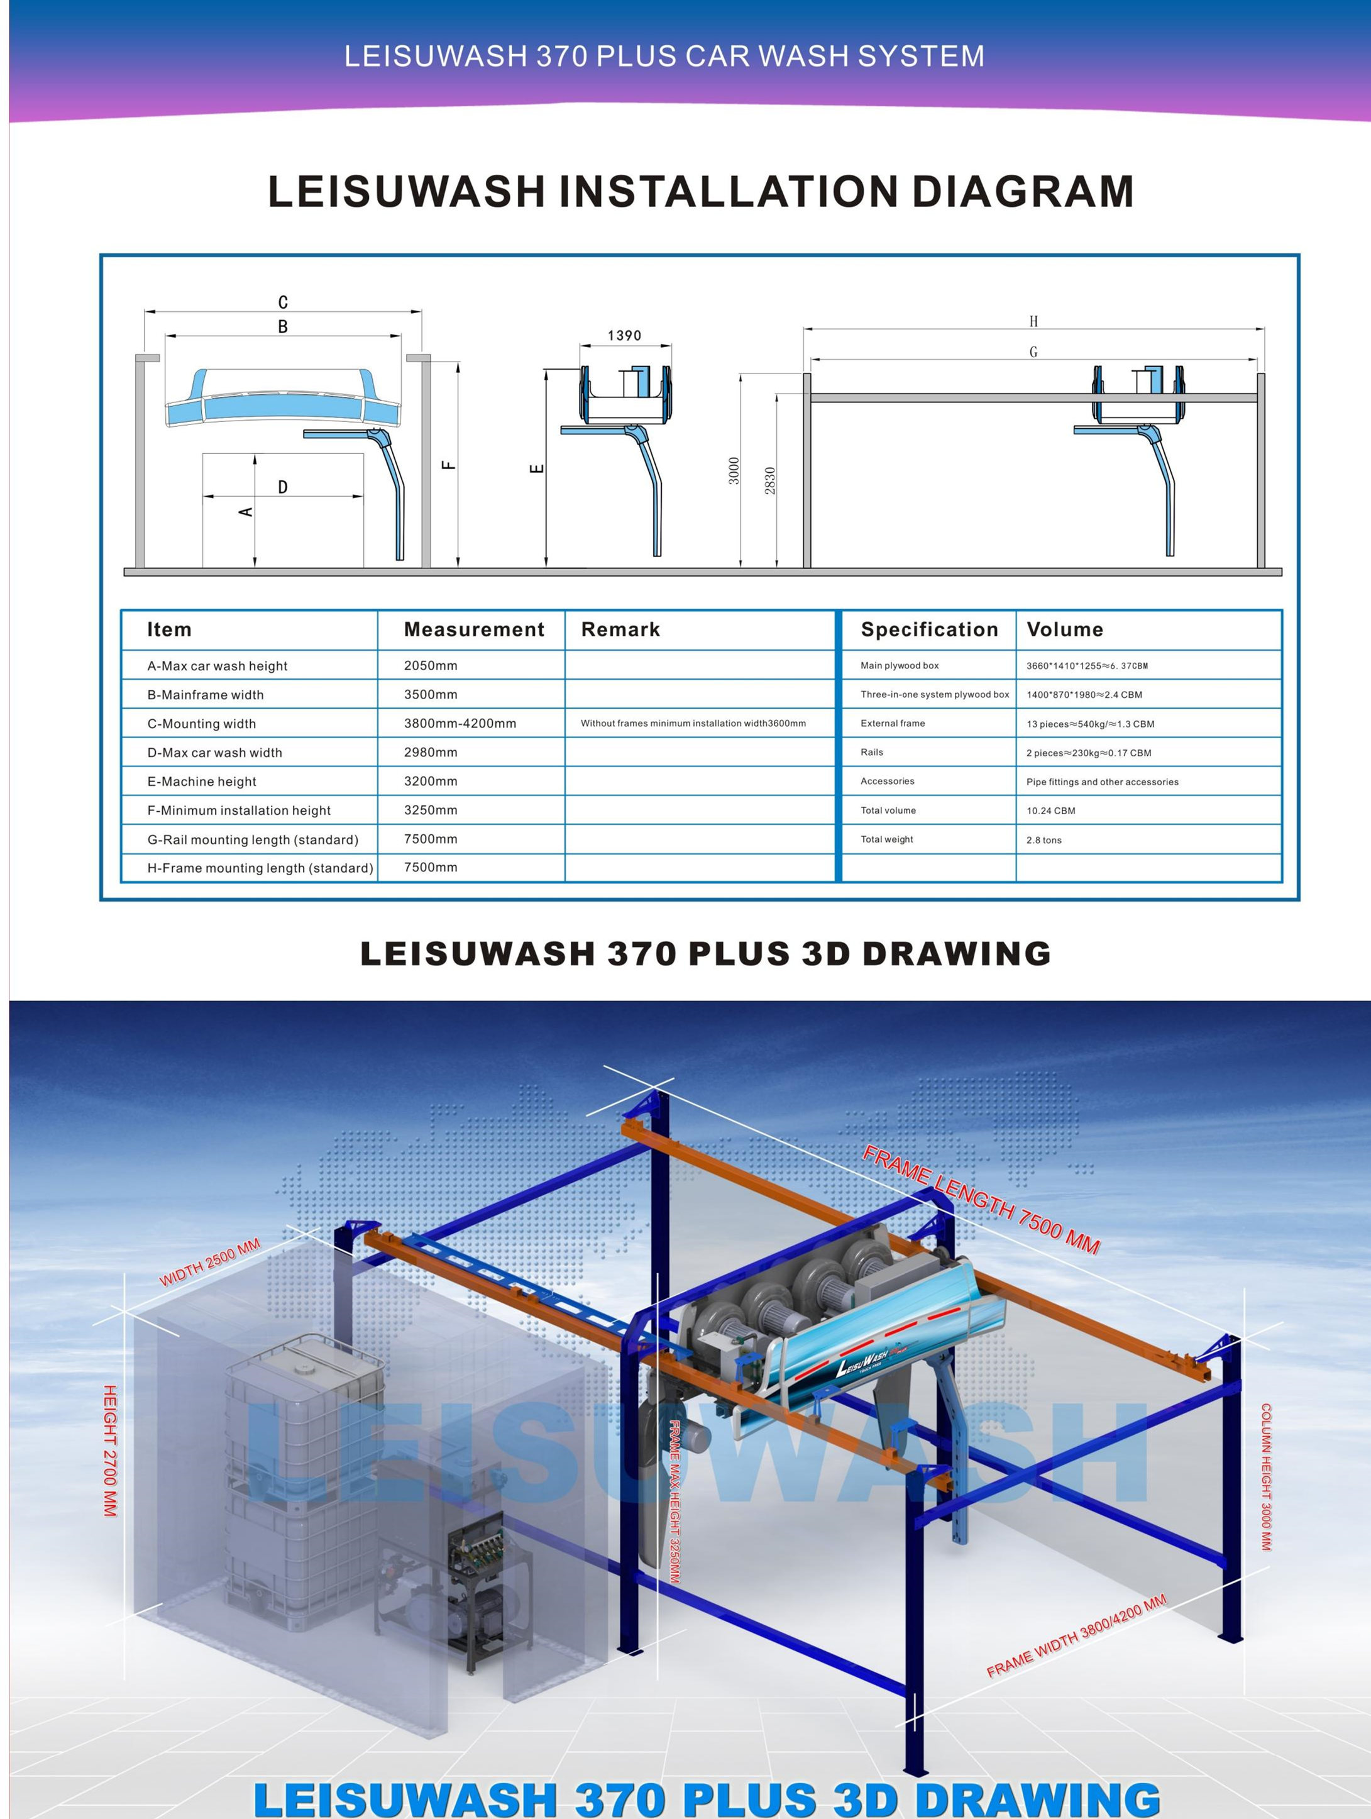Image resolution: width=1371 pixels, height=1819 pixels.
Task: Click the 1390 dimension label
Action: (624, 336)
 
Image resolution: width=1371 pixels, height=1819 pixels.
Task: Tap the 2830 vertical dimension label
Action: (770, 480)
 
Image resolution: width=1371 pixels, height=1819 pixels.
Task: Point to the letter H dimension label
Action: (1033, 321)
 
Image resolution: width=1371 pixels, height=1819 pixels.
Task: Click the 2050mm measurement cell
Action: (431, 665)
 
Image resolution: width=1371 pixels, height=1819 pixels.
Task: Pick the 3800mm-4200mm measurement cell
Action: (460, 724)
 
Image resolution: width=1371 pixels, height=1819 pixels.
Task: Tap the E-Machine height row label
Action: (202, 781)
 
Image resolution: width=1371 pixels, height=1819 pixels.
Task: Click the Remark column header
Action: (620, 630)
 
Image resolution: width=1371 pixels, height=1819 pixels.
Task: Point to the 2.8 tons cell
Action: (1044, 839)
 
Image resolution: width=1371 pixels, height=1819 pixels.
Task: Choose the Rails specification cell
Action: (872, 753)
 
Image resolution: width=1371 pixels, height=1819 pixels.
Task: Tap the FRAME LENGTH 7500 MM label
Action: (981, 1200)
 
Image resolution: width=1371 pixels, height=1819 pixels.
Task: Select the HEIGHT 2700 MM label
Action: (110, 1451)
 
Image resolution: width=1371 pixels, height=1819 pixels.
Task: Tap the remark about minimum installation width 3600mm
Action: (693, 724)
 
